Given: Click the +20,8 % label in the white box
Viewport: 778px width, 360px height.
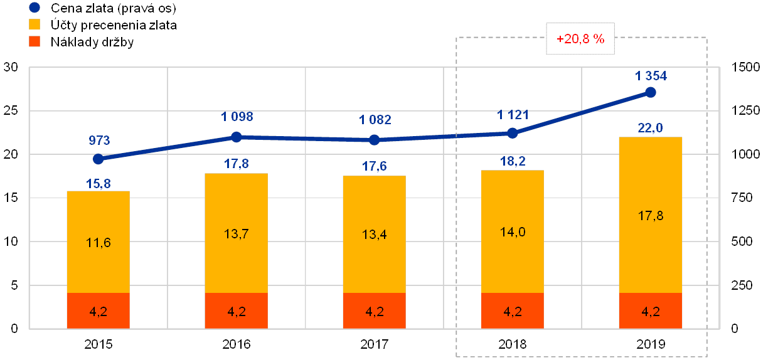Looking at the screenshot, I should pos(580,39).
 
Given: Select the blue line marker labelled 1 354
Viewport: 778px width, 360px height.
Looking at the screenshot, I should pos(651,93).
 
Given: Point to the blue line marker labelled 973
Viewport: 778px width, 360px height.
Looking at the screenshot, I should pos(98,159).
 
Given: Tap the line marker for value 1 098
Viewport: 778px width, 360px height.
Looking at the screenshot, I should pos(237,137).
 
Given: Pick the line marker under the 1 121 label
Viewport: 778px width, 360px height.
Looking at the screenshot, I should pos(513,133).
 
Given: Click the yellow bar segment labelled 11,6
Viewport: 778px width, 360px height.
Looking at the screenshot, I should pos(98,242).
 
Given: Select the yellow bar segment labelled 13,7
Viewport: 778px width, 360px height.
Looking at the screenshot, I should pos(237,233).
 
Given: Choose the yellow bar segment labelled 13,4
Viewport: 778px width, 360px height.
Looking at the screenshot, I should pos(375,235).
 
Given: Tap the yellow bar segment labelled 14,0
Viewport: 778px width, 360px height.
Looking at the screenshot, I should pos(513,231).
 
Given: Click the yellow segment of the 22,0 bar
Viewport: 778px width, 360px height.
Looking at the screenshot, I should pos(651,215).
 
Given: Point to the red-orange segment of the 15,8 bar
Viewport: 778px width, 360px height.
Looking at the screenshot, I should pos(98,310).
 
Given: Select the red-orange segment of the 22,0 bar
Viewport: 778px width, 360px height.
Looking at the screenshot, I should pos(651,310).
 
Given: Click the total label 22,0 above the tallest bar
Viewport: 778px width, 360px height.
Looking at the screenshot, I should pos(651,129).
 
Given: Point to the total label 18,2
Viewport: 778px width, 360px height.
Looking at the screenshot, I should pos(513,161).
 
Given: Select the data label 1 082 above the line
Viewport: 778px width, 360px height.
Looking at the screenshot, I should pos(375,120).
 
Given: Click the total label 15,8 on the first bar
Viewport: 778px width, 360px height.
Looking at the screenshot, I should pos(98,183).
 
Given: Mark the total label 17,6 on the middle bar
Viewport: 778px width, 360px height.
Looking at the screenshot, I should pos(375,167).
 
